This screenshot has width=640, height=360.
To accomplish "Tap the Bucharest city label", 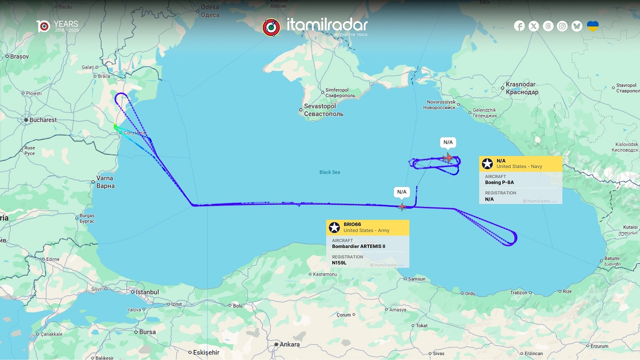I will click(43, 120).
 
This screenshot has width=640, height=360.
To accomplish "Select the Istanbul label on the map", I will click(147, 292).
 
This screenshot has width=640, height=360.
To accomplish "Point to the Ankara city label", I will click(290, 345).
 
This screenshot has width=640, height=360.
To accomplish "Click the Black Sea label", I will click(330, 172).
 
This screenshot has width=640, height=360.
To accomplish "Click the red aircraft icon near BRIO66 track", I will click(402, 206).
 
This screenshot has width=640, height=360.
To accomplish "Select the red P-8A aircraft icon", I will click(448, 157).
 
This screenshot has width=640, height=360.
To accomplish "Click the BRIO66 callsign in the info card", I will click(353, 225).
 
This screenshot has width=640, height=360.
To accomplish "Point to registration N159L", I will click(339, 263).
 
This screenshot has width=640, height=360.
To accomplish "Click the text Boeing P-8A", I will click(499, 182).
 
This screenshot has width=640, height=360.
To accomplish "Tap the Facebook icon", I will click(519, 26).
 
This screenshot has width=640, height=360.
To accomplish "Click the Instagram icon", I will click(562, 26).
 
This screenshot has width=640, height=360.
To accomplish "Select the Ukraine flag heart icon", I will click(593, 26).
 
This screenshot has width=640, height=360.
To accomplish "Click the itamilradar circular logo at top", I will click(271, 27).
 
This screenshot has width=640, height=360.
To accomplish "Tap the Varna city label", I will click(105, 178).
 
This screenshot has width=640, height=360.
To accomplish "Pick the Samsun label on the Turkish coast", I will click(417, 279).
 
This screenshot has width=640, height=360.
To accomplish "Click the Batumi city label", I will click(611, 258).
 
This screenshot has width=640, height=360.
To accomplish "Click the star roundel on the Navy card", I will click(487, 164).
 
